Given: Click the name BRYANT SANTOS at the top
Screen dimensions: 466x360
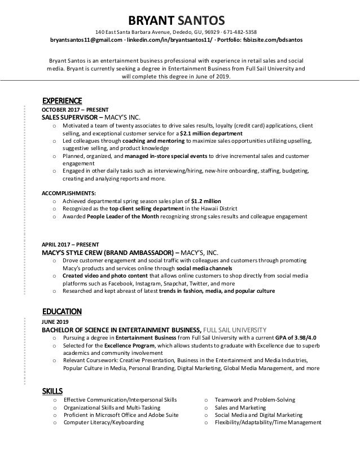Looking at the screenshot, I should (x=180, y=19).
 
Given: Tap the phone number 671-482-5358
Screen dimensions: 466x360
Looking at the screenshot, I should (x=240, y=32).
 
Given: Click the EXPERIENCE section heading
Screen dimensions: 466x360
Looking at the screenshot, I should (x=62, y=100).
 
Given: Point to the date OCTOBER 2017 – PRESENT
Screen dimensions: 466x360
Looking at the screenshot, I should (x=75, y=109).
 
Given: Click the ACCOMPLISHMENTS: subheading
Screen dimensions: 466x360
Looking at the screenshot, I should (x=71, y=192).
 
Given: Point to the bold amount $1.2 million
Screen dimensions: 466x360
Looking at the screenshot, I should (x=206, y=200).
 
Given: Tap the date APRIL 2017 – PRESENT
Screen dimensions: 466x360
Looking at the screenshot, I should (x=70, y=244).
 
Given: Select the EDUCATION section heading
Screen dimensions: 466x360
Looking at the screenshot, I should (x=62, y=311).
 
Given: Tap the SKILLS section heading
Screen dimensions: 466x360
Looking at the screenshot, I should (x=52, y=390).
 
